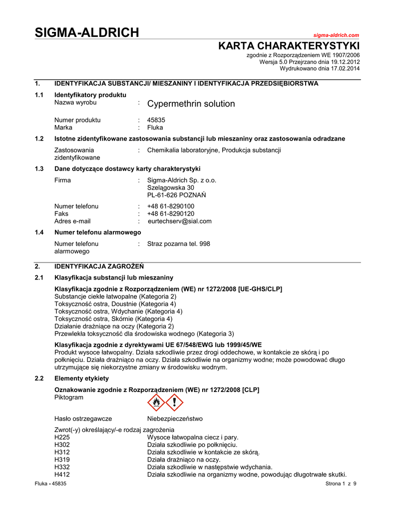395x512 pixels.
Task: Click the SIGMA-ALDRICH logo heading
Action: [87, 33]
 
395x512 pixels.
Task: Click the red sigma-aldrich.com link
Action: [336, 35]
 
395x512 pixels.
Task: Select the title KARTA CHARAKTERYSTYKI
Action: [289, 46]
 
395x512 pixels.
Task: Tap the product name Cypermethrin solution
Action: [191, 104]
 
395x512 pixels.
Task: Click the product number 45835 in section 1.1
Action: [156, 120]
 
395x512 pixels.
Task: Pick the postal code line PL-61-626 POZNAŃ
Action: [176, 195]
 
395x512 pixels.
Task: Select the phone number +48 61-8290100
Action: [171, 206]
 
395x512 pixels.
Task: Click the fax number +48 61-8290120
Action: [171, 213]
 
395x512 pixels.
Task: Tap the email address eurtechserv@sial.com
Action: [180, 221]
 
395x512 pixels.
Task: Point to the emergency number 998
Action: [205, 244]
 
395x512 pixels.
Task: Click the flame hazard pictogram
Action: [156, 401]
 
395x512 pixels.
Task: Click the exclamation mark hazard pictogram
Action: [174, 401]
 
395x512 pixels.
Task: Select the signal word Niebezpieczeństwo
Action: [175, 418]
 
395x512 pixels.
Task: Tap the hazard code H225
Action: [62, 437]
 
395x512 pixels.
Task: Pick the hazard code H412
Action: [62, 474]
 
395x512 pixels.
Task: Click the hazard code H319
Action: [62, 459]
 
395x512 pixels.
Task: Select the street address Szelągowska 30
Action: [170, 187]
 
